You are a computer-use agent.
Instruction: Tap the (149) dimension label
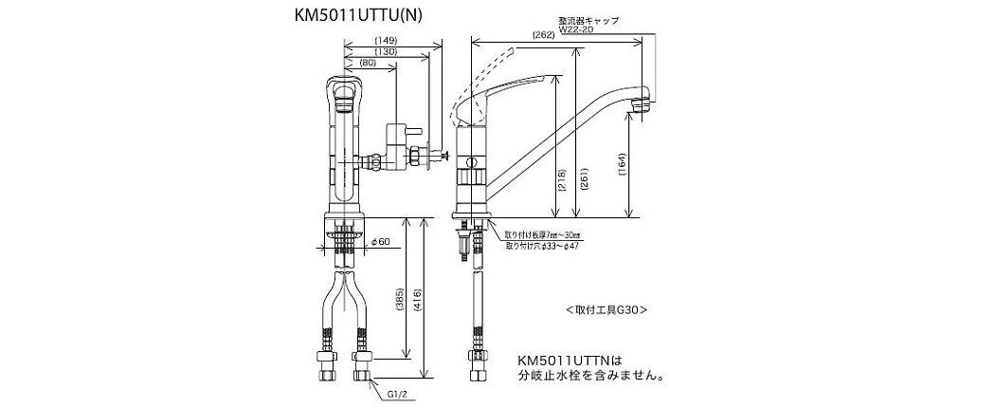385,40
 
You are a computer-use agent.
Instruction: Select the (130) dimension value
385,51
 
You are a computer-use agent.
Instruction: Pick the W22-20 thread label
576,28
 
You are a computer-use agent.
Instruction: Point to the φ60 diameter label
383,242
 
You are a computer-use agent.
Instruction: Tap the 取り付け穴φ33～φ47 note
543,244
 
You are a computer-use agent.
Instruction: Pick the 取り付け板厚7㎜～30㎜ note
543,233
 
